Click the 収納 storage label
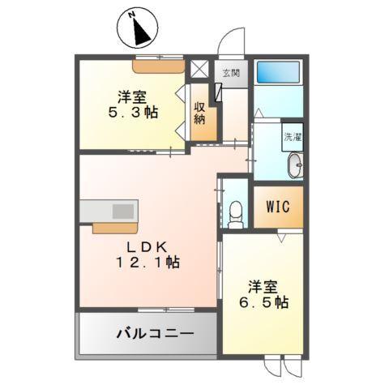tap(199, 113)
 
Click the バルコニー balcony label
tap(149, 332)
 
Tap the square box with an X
tap(199, 69)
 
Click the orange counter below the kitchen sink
tap(118, 226)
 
